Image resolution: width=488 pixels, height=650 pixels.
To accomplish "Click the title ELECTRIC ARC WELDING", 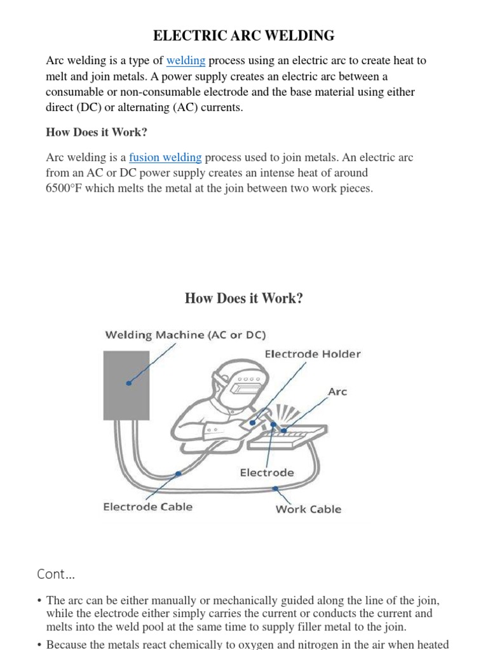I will click(x=244, y=35).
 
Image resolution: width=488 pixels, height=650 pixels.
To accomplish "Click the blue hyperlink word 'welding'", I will click(x=186, y=61).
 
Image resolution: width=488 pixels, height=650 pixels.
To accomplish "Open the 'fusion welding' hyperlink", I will click(x=165, y=157).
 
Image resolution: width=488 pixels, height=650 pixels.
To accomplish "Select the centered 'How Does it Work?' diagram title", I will click(x=244, y=298).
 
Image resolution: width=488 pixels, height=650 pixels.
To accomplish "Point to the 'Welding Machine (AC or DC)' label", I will click(x=186, y=335).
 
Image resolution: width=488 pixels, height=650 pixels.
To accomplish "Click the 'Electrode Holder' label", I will click(x=313, y=354).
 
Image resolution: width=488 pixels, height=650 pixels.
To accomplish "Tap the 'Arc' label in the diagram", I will click(x=337, y=392).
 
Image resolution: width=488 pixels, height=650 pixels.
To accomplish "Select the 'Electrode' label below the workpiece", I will click(x=267, y=472).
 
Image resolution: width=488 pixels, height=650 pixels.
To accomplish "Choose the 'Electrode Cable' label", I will click(x=147, y=507).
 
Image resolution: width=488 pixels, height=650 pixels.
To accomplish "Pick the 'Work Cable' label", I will click(x=308, y=509).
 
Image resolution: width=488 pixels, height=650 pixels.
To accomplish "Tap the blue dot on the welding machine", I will click(x=129, y=383).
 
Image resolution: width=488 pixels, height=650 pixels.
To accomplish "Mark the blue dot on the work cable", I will click(x=275, y=488).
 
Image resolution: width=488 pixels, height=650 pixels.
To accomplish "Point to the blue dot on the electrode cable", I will click(x=178, y=474).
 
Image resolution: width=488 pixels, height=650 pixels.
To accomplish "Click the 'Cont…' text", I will click(x=56, y=574).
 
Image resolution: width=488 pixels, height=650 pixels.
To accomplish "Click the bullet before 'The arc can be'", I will click(x=39, y=600).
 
